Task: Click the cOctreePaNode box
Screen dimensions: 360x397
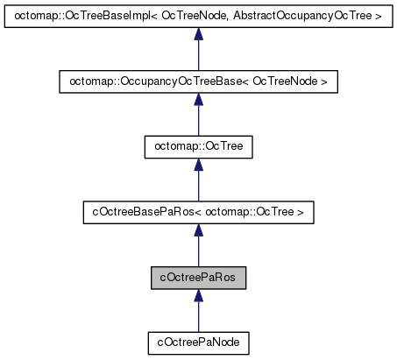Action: pos(198,339)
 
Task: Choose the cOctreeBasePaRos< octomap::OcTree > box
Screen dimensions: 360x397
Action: pos(198,211)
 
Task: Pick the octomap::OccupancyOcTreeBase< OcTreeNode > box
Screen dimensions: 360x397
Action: pos(198,82)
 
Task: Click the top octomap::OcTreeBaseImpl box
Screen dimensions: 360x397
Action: pos(198,18)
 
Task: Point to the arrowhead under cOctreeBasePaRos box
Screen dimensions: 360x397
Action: pos(198,231)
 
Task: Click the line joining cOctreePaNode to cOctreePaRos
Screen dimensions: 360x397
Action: pos(198,316)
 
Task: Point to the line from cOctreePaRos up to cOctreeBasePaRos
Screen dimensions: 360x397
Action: pos(198,251)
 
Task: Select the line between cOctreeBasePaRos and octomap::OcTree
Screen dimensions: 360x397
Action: pos(198,187)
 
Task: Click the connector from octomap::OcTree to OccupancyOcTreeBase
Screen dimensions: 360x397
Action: pos(198,123)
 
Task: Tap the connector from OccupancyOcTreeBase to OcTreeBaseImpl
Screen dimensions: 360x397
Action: pos(198,58)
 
